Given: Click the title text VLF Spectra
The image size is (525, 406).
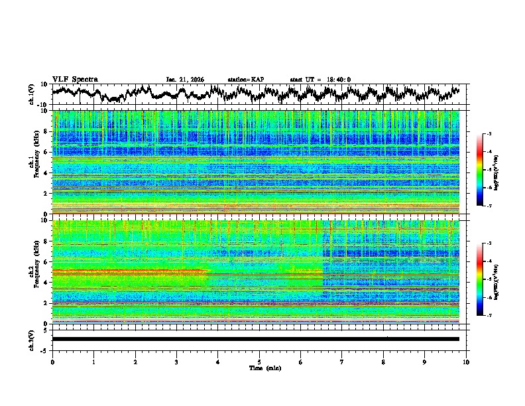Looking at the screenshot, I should pos(75,79).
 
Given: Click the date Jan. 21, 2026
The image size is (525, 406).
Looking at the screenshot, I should pos(185,80).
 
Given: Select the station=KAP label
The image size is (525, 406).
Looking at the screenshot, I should pos(245,80).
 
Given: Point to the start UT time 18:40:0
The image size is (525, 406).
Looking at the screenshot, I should pos(320,80).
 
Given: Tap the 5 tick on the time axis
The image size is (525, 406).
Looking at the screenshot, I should pos(259,362).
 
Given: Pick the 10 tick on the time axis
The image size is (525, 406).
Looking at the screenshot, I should pos(466,362).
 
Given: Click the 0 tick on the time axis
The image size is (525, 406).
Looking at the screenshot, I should pos(52,362).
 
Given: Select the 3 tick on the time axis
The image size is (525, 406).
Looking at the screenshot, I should pos(176,362).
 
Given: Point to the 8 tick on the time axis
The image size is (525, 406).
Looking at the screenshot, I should pos(383,362).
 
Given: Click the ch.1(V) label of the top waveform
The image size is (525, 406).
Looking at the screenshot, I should pos(32,94).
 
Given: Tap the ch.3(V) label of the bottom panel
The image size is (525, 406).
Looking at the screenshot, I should pos(32,338).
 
